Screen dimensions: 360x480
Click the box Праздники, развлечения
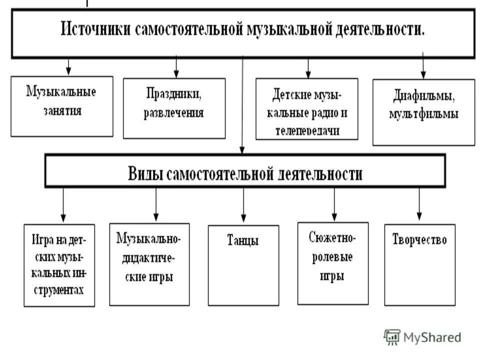pos(174,107)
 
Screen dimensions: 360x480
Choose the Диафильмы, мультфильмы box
pos(423,111)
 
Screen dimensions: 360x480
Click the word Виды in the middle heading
pos(146,174)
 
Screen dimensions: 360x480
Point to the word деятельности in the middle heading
pos(318,174)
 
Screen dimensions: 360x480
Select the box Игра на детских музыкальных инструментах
pos(59,264)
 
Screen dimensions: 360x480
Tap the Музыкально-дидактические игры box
pos(149,263)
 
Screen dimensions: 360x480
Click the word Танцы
pos(243,240)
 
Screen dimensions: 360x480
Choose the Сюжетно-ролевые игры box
pos(332,262)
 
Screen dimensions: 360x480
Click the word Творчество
pos(419,239)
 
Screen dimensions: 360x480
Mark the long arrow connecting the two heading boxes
pos(242,105)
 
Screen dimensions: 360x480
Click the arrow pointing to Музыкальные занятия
pos(68,67)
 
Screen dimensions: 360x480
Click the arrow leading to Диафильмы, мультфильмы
pos(423,65)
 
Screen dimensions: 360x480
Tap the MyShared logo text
pos(432,337)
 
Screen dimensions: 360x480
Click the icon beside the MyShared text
pos(392,336)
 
